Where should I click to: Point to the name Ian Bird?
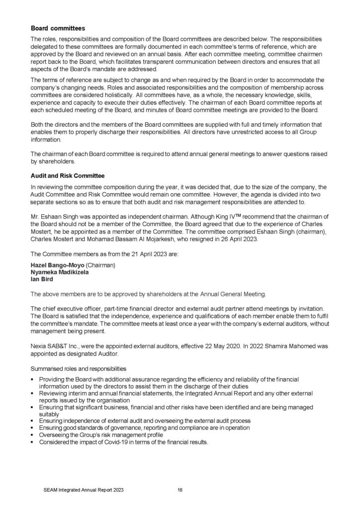click(x=42, y=280)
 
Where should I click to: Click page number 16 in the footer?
click(x=180, y=490)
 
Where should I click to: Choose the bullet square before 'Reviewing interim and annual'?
click(x=33, y=393)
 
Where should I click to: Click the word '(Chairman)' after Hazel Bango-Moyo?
click(x=101, y=266)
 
